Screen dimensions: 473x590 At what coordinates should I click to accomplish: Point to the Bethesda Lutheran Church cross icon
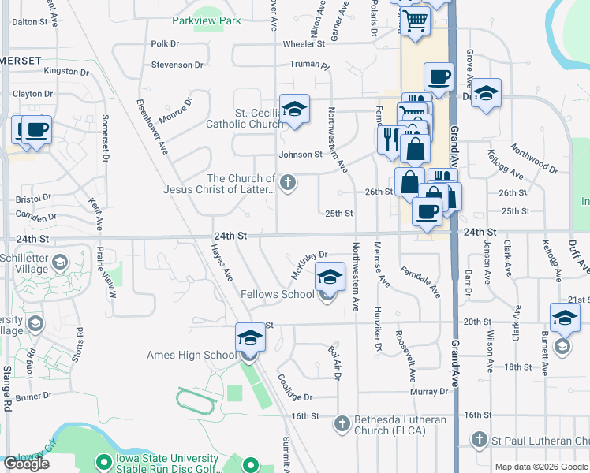click(x=342, y=424)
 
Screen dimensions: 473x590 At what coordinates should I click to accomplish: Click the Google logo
click(x=26, y=464)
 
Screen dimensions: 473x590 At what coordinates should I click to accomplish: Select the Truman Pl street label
click(x=308, y=65)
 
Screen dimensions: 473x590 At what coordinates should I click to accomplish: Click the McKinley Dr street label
click(x=308, y=266)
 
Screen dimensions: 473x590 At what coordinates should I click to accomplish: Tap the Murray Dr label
click(x=429, y=392)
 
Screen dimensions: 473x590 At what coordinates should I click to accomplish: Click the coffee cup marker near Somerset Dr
click(x=36, y=128)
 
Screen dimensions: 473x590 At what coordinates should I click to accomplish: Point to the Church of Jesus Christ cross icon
click(x=289, y=184)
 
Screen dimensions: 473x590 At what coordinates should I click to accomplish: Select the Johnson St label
click(x=300, y=155)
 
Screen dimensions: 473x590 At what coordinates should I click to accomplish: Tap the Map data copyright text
click(x=540, y=467)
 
